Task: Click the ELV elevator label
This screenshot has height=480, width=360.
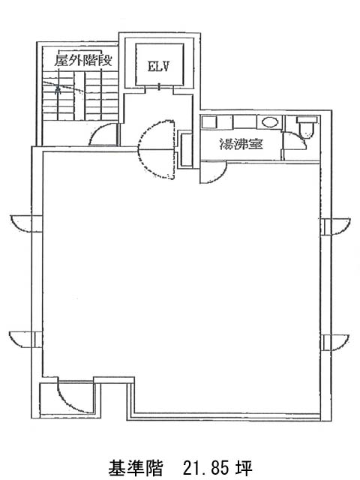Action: click(158, 66)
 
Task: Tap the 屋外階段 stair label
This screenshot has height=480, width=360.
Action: click(83, 60)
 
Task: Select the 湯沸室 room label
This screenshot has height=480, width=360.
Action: click(241, 143)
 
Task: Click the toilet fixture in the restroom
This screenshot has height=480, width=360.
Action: click(307, 126)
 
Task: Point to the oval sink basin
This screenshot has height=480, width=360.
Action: click(270, 122)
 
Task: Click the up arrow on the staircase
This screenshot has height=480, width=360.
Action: click(57, 89)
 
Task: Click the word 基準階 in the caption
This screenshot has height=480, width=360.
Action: click(135, 468)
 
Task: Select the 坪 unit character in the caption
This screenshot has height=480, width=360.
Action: click(244, 468)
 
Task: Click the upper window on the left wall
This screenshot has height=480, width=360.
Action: click(25, 223)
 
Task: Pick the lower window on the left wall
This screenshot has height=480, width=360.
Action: click(25, 339)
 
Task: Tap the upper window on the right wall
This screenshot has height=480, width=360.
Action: click(336, 226)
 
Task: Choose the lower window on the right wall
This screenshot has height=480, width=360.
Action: click(335, 342)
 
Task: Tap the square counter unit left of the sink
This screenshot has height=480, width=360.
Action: click(209, 122)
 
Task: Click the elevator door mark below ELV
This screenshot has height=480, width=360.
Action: click(159, 87)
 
